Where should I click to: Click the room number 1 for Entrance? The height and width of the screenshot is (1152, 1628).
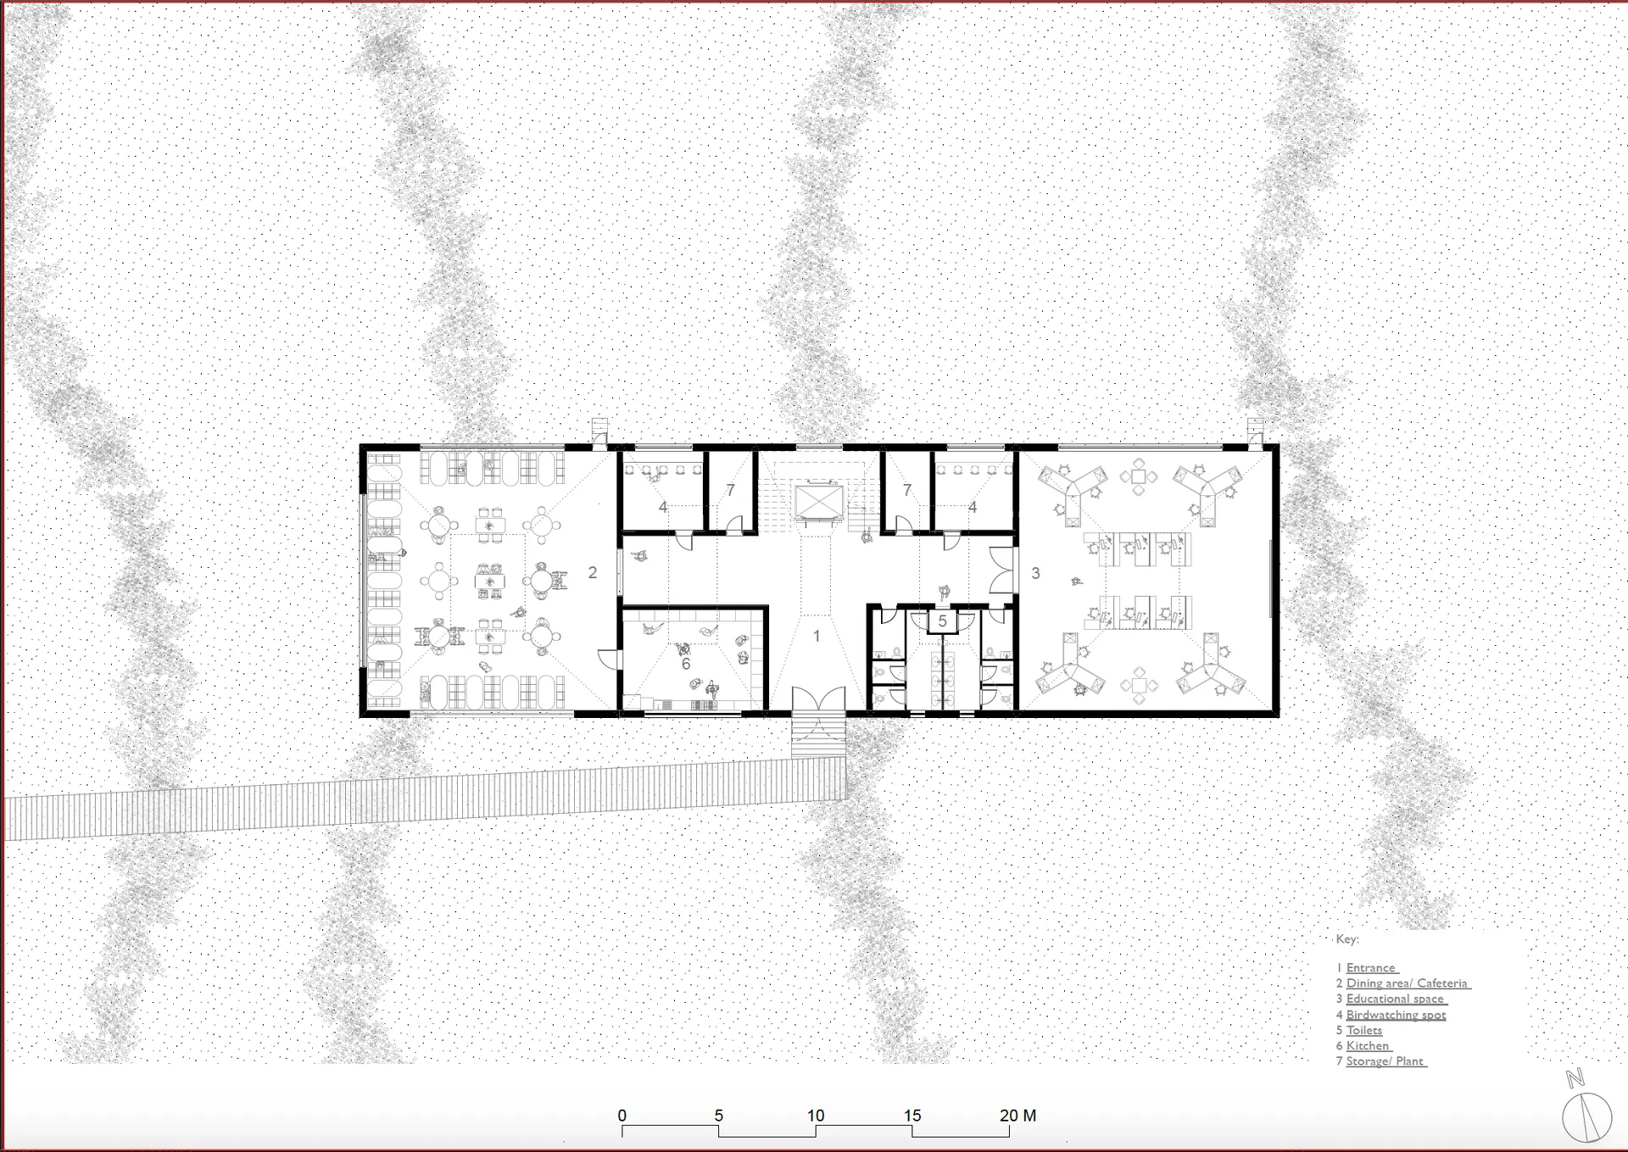click(817, 636)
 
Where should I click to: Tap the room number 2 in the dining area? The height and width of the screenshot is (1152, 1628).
click(593, 573)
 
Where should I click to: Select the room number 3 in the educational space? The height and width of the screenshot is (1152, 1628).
click(1035, 573)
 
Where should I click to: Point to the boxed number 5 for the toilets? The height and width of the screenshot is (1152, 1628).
click(942, 622)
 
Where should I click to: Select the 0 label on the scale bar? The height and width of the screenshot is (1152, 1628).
click(622, 1116)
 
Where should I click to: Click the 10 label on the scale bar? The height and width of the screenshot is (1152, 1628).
click(816, 1116)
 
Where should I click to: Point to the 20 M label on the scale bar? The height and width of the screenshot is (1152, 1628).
click(1018, 1116)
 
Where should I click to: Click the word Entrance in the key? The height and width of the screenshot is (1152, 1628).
click(1372, 968)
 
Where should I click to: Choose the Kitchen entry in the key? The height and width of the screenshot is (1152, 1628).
click(1369, 1046)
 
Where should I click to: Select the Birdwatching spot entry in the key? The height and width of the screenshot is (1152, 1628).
click(1397, 1015)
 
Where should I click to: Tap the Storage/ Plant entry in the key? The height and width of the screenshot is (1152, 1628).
click(1386, 1061)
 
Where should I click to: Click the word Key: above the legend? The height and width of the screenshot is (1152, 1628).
click(1347, 939)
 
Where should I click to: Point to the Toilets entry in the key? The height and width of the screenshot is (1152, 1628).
click(1364, 1031)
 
